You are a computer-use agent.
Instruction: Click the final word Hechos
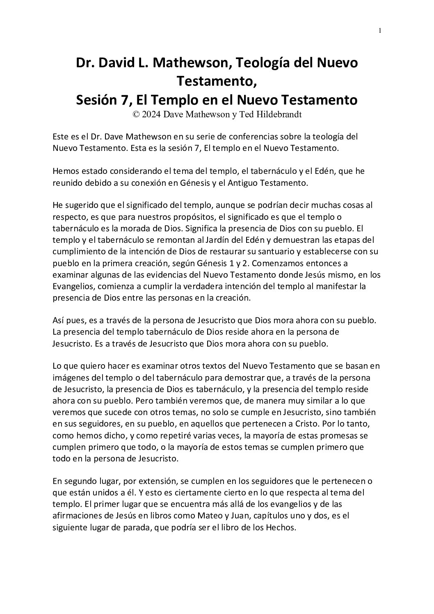281,528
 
